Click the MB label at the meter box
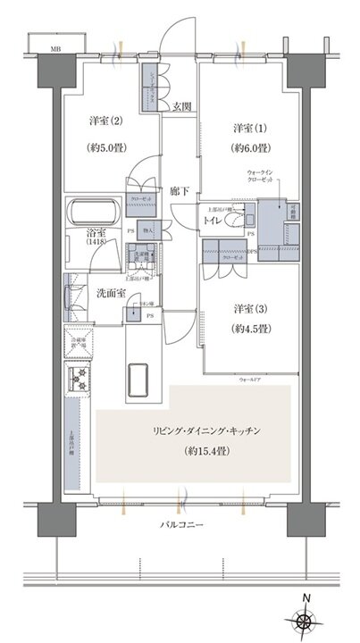coord(55,50)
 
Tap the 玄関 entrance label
coord(179,107)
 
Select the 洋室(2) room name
coord(105,121)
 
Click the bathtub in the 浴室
coord(95,217)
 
